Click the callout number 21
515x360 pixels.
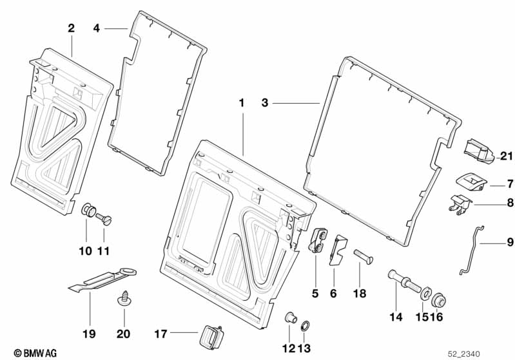(x=505, y=156)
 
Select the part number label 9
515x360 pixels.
(x=510, y=243)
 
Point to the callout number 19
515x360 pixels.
(x=88, y=334)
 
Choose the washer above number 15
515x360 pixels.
(x=425, y=294)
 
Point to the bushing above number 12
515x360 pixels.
(x=289, y=317)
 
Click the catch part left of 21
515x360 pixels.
(x=477, y=151)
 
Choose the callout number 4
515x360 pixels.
(x=97, y=28)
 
